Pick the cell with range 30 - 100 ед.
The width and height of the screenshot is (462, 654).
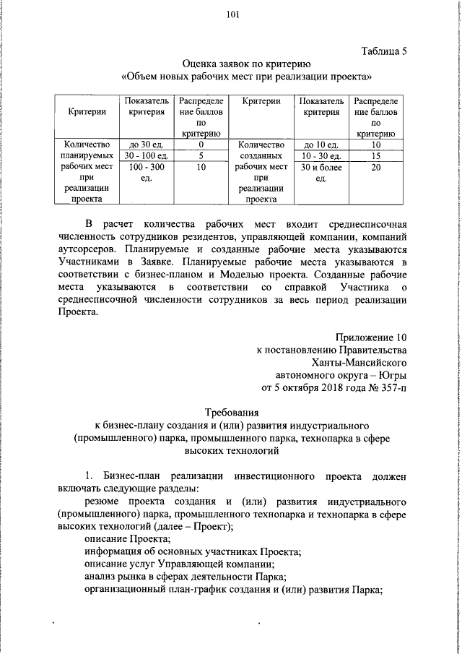[x=146, y=155]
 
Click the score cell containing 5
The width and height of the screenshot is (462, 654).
[x=201, y=155]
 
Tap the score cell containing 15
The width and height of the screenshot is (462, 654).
[x=375, y=155]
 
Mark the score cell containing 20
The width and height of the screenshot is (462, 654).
[x=375, y=167]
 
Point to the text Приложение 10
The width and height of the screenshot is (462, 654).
[x=370, y=337]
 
